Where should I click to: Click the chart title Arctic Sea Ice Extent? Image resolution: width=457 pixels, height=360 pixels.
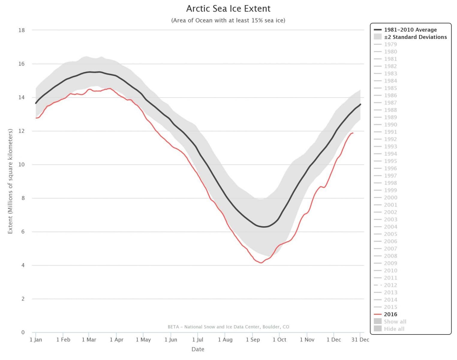(x=228, y=8)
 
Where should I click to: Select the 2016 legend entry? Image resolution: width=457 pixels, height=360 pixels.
(x=390, y=314)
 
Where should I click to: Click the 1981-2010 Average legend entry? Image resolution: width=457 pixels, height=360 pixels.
(x=410, y=30)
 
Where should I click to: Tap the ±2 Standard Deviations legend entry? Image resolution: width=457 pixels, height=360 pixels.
(x=415, y=37)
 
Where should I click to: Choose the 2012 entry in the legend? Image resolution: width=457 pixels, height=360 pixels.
(x=390, y=285)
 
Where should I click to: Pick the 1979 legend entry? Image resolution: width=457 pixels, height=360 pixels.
(x=390, y=44)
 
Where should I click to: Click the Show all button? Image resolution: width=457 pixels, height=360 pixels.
(x=395, y=322)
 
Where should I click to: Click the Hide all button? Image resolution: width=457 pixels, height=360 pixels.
(x=394, y=329)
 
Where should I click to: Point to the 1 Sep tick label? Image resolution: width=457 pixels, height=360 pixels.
(x=252, y=340)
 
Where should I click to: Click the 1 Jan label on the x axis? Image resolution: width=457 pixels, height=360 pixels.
(x=36, y=340)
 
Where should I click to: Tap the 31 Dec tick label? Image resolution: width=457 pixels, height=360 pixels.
(x=360, y=340)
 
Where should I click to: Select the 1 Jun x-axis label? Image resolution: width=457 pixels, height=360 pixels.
(x=171, y=340)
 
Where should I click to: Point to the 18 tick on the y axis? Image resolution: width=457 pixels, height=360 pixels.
(x=22, y=30)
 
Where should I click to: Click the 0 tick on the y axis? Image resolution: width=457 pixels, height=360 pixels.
(x=23, y=332)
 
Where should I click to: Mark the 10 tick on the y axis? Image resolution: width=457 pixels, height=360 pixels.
(x=22, y=164)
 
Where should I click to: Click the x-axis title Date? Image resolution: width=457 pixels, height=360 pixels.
(x=198, y=349)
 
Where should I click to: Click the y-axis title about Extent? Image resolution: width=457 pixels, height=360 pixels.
(x=10, y=181)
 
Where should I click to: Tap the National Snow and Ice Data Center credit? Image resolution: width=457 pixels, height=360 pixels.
(x=228, y=327)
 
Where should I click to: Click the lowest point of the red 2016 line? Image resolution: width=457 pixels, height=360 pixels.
(x=261, y=263)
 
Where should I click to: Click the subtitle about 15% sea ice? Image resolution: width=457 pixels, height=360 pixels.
(x=228, y=20)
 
